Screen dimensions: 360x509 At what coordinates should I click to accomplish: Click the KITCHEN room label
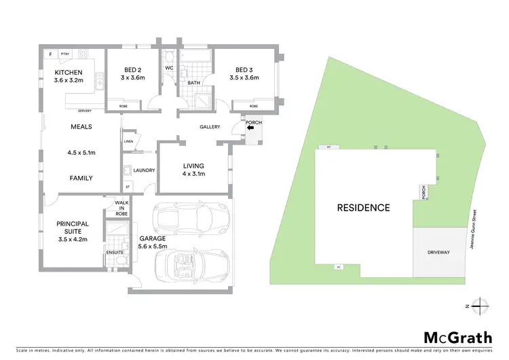pyautogui.click(x=69, y=72)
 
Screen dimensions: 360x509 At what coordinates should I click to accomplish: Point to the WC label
pyautogui.click(x=170, y=69)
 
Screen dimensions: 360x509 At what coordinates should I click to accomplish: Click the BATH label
pyautogui.click(x=193, y=84)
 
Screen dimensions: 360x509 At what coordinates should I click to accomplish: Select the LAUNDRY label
pyautogui.click(x=145, y=170)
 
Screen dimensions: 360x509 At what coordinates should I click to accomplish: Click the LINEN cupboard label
pyautogui.click(x=128, y=141)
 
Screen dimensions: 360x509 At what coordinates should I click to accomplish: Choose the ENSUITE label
pyautogui.click(x=115, y=251)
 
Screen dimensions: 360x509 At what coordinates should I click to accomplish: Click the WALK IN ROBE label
pyautogui.click(x=121, y=207)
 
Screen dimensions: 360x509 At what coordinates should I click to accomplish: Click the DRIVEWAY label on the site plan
pyautogui.click(x=438, y=252)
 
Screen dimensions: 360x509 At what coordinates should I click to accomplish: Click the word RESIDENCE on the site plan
pyautogui.click(x=363, y=208)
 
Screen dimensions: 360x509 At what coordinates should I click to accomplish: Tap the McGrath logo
pyautogui.click(x=457, y=338)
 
